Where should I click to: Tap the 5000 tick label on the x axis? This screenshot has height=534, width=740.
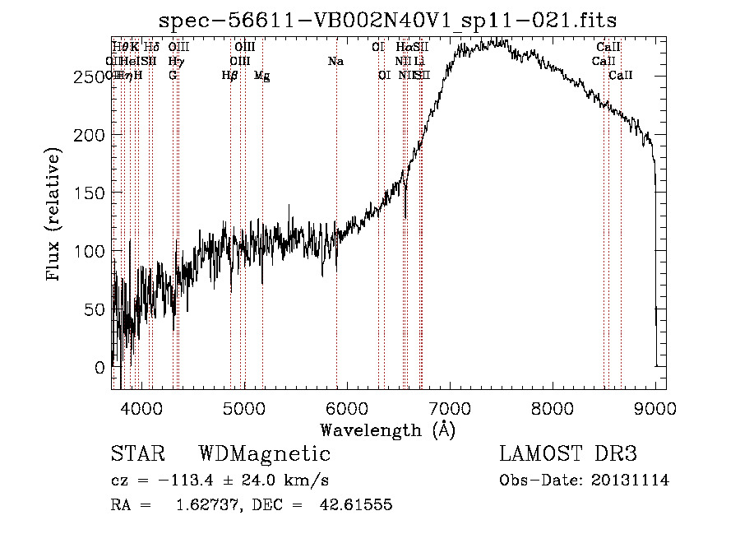pyautogui.click(x=244, y=407)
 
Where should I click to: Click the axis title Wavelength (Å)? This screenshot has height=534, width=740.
pyautogui.click(x=387, y=430)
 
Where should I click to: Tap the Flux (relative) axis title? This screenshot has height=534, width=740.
pyautogui.click(x=54, y=216)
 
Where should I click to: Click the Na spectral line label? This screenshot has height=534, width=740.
pyautogui.click(x=335, y=62)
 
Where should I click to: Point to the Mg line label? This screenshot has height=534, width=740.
pyautogui.click(x=261, y=76)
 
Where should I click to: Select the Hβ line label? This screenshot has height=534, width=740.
pyautogui.click(x=230, y=76)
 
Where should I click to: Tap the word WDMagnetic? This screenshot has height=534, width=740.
pyautogui.click(x=264, y=454)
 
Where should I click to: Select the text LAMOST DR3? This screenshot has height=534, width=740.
pyautogui.click(x=567, y=454)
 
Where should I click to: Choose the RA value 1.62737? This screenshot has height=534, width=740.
pyautogui.click(x=206, y=505)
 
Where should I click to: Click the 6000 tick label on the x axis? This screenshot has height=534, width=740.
pyautogui.click(x=347, y=407)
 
